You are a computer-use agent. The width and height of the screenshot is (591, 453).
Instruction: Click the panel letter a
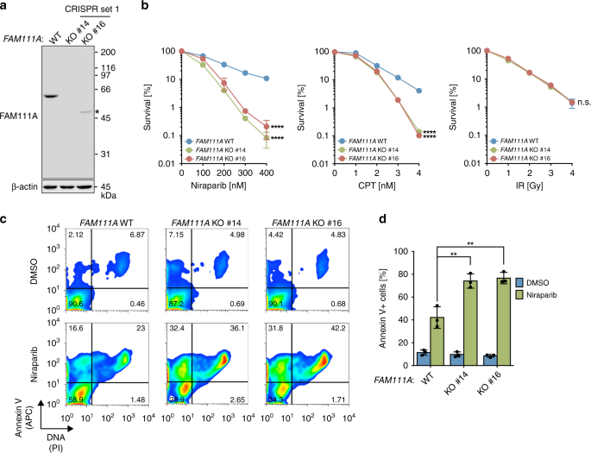(x=5, y=7)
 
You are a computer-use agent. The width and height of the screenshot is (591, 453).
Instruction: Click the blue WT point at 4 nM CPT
(x=418, y=91)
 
